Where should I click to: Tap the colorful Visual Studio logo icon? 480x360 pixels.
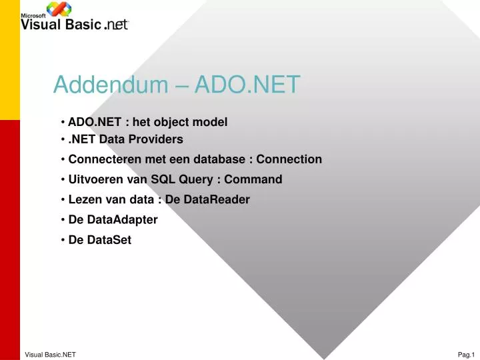59,9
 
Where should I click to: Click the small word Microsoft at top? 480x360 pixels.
33,15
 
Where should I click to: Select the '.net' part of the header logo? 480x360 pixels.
116,25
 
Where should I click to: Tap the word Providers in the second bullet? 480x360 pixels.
159,139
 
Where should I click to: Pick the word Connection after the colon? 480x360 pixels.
289,159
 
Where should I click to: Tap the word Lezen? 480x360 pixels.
83,199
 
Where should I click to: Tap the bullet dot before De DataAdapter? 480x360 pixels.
62,219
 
